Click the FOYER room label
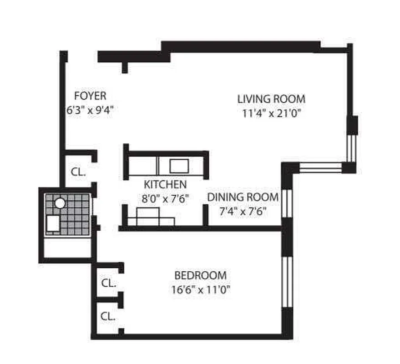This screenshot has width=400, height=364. pyautogui.click(x=90, y=96)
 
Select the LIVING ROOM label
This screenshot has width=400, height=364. pyautogui.click(x=271, y=99)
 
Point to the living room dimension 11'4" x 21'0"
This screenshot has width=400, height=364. pyautogui.click(x=272, y=113)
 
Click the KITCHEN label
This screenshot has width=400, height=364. pyautogui.click(x=165, y=185)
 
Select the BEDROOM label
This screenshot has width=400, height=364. pyautogui.click(x=200, y=275)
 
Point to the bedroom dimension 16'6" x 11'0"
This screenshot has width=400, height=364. pyautogui.click(x=201, y=289)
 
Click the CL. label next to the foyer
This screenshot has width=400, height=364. pyautogui.click(x=78, y=172)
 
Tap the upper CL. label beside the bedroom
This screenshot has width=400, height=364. pyautogui.click(x=109, y=283)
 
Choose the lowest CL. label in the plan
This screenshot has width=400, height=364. pyautogui.click(x=107, y=316)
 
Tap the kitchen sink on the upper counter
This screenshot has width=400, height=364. pyautogui.click(x=179, y=166)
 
